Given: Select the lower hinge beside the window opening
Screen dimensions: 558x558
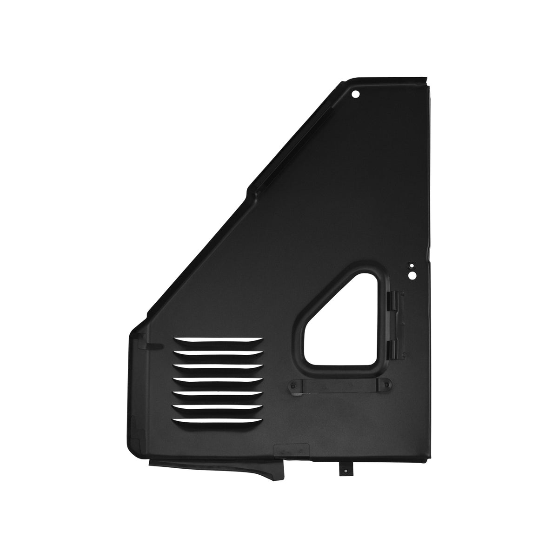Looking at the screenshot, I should pos(394,348).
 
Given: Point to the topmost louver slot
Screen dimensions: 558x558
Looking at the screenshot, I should pos(218,339).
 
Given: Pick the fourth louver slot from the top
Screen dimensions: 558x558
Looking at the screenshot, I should pos(218,381).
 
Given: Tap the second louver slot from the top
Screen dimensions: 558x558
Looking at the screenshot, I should pos(218,353).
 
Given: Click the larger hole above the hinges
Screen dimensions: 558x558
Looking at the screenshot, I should pos(411,275).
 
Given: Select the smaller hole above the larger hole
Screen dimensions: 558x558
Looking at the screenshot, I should pos(410,266).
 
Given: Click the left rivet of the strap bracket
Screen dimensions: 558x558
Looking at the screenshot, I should pos(292,385).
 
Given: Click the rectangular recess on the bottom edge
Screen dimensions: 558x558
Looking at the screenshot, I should pos(292,450).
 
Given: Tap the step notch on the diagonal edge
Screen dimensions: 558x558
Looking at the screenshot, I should pos(249,188).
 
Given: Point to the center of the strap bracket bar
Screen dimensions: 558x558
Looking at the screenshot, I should pos(340,385).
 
